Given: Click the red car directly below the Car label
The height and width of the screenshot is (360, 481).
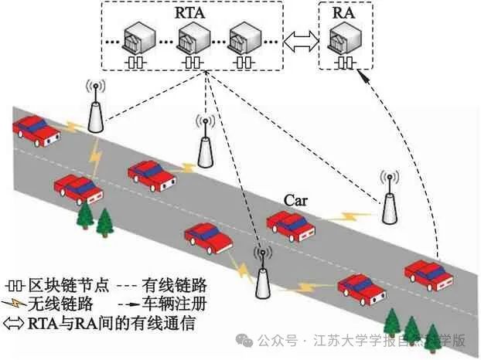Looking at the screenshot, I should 292,223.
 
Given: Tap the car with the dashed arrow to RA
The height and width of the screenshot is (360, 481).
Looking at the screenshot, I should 429,273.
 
